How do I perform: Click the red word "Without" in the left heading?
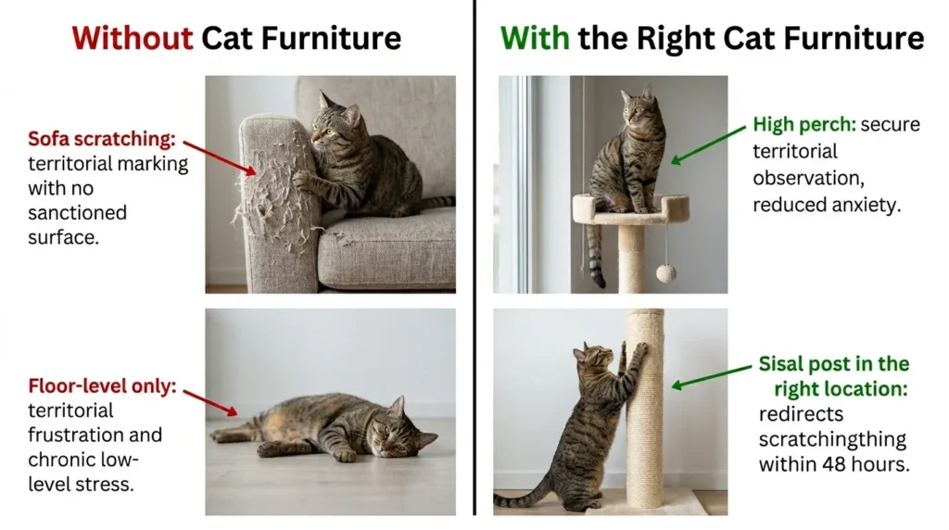pyautogui.click(x=133, y=38)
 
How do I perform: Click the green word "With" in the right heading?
pyautogui.click(x=535, y=38)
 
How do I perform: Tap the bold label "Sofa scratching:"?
pyautogui.click(x=101, y=140)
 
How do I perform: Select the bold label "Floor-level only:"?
pyautogui.click(x=102, y=385)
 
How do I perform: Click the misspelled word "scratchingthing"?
pyautogui.click(x=832, y=439)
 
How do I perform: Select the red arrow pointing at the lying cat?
pyautogui.click(x=212, y=401)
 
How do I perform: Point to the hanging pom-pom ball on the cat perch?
pyautogui.click(x=665, y=272)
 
